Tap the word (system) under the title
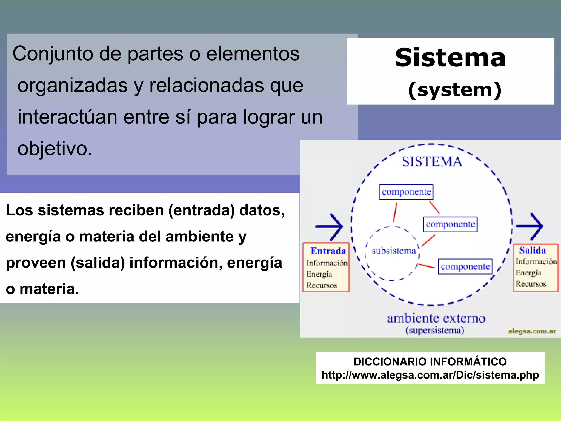click(x=454, y=90)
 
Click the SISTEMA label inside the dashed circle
click(x=432, y=161)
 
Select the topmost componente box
click(x=406, y=192)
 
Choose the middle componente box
click(x=450, y=224)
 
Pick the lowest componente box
click(x=465, y=266)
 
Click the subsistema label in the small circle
click(x=394, y=251)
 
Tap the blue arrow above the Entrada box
click(x=329, y=226)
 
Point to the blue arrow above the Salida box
click(x=529, y=226)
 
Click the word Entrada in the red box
click(x=328, y=251)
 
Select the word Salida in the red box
click(x=532, y=250)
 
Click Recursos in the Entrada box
click(x=322, y=285)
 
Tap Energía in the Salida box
click(x=528, y=273)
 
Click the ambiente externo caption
click(x=436, y=318)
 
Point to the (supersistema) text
click(x=435, y=330)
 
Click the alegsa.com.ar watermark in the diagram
click(x=532, y=331)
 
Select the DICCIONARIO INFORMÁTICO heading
click(x=430, y=362)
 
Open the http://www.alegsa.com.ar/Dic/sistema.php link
click(x=430, y=375)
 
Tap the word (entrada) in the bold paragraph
click(x=201, y=210)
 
